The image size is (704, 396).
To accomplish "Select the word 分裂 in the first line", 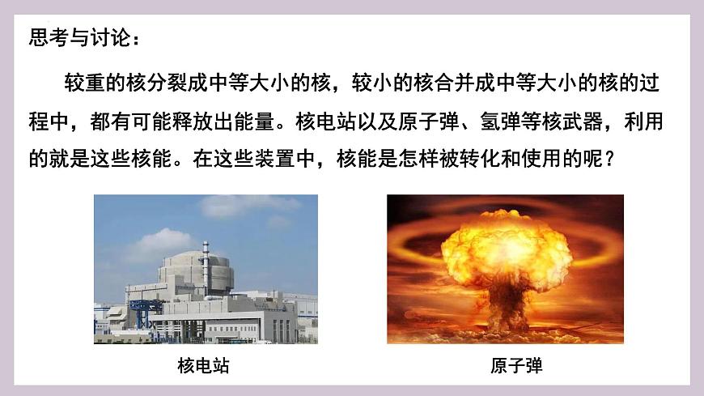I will (178, 84).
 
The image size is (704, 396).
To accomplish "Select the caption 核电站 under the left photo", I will (203, 367).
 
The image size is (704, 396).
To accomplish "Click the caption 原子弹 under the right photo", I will (516, 367).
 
